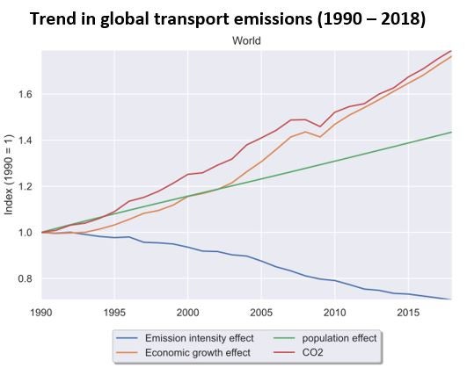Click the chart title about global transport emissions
pyautogui.click(x=233, y=18)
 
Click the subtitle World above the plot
pyautogui.click(x=245, y=40)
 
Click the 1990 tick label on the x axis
pyautogui.click(x=40, y=312)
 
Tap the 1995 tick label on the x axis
pyautogui.click(x=113, y=312)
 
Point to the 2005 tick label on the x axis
pyautogui.click(x=260, y=312)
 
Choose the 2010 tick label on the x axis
pyautogui.click(x=334, y=312)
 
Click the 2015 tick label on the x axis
pyautogui.click(x=407, y=312)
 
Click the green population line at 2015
pyautogui.click(x=407, y=142)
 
